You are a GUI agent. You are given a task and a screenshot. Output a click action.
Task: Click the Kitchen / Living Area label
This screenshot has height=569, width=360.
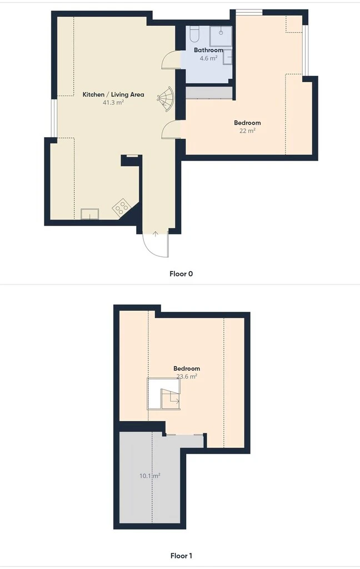pyautogui.click(x=113, y=94)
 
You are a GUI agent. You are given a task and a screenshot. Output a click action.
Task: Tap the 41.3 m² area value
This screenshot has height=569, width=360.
pyautogui.click(x=113, y=103)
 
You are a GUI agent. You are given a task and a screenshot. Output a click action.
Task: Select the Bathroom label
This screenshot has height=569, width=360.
pyautogui.click(x=208, y=50)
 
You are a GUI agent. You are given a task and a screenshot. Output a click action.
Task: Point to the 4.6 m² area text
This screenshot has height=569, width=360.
pyautogui.click(x=208, y=58)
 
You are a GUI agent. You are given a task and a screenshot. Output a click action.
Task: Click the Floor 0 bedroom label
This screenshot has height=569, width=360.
pyautogui.click(x=247, y=123)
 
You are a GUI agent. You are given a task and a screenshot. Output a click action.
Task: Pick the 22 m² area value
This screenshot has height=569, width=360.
pyautogui.click(x=247, y=131)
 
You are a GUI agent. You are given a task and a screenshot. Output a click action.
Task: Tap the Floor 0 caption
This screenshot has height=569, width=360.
pyautogui.click(x=181, y=273)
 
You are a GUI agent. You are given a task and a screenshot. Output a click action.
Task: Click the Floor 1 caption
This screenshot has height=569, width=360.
pyautogui.click(x=181, y=556)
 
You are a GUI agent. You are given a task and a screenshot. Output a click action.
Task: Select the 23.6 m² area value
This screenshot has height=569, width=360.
pyautogui.click(x=187, y=377)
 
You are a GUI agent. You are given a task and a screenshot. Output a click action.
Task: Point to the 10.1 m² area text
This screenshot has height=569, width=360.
pyautogui.click(x=150, y=476)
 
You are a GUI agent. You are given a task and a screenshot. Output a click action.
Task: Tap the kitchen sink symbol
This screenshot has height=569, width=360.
pyautogui.click(x=89, y=214)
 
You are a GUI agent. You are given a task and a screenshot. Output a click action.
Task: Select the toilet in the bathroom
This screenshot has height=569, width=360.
pyautogui.click(x=194, y=34)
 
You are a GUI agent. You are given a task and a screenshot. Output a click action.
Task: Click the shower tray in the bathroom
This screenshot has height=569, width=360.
pyautogui.click(x=221, y=36)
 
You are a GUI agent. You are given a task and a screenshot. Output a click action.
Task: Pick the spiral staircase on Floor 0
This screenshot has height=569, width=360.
pyautogui.click(x=166, y=98)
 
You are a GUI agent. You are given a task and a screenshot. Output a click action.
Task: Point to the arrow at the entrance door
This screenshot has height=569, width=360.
pyautogui.click(x=156, y=234)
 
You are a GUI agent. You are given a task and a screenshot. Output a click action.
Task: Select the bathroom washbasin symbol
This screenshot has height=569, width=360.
pyautogui.click(x=228, y=57)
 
